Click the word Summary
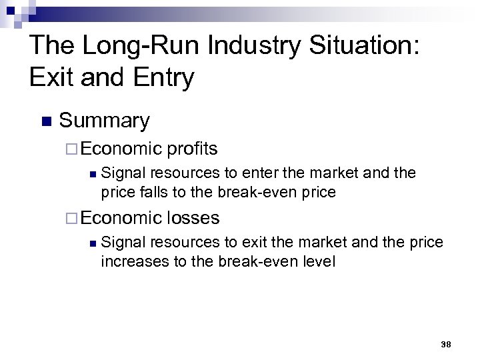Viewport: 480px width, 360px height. click(105, 121)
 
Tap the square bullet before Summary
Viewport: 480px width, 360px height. click(45, 121)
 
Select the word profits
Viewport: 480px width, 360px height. click(193, 148)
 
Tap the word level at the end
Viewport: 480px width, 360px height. click(318, 261)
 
